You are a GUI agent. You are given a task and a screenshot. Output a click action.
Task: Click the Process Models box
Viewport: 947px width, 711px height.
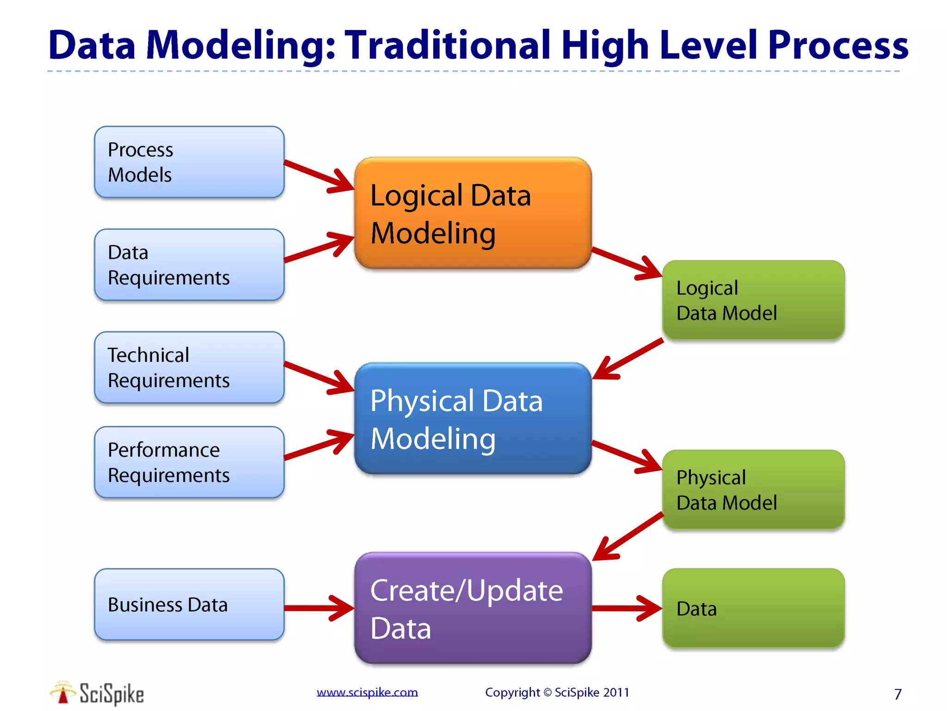coord(189,162)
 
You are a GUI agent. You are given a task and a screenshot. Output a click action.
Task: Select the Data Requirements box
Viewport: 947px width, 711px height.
coord(189,265)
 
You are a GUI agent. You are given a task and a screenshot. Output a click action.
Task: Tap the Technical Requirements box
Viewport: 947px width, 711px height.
coord(189,368)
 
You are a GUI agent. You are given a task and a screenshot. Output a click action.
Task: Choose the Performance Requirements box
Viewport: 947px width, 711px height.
coord(189,462)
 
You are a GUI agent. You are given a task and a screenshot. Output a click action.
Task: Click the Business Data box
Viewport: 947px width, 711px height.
coord(189,605)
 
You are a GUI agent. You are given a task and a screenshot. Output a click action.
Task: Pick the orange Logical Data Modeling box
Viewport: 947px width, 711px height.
coord(473,213)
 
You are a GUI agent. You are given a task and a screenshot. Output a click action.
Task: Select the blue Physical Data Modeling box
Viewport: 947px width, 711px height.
coord(473,418)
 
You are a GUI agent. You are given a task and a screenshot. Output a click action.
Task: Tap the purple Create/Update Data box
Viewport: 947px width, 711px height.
coord(473,608)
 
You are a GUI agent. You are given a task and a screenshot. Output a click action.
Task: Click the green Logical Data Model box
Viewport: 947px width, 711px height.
coord(753,300)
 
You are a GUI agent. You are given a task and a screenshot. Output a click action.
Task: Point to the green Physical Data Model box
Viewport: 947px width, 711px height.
coord(753,490)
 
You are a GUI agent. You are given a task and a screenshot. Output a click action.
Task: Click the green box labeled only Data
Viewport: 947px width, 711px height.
coord(753,608)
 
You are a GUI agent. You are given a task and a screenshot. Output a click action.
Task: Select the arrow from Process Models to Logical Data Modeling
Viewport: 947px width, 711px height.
coord(319,176)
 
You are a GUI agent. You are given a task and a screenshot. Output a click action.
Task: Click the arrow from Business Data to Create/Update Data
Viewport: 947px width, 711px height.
coord(319,608)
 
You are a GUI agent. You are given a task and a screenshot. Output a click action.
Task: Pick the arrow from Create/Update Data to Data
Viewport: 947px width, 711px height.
coord(627,608)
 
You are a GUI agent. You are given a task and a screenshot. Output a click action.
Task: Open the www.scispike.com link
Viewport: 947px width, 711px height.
coord(367,692)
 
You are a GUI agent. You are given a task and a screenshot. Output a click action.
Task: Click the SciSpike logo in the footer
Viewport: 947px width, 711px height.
coord(97,693)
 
